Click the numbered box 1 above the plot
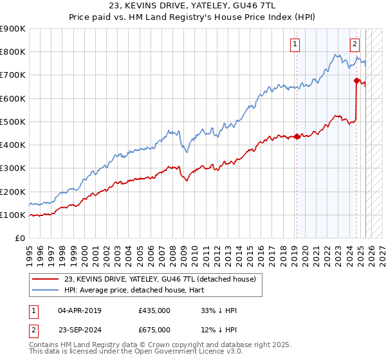(295, 44)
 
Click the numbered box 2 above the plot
(354, 44)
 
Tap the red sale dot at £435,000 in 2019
(297, 136)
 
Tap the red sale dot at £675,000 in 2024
(356, 80)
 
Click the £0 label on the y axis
(20, 238)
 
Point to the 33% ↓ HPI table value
(219, 310)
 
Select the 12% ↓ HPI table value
(219, 329)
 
